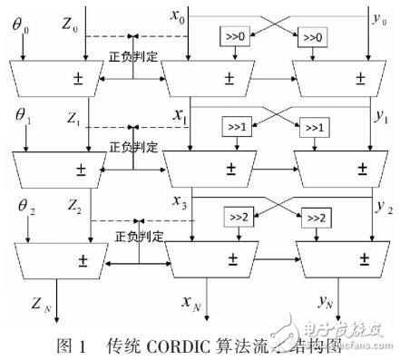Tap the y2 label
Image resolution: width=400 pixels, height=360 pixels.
[384, 210]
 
